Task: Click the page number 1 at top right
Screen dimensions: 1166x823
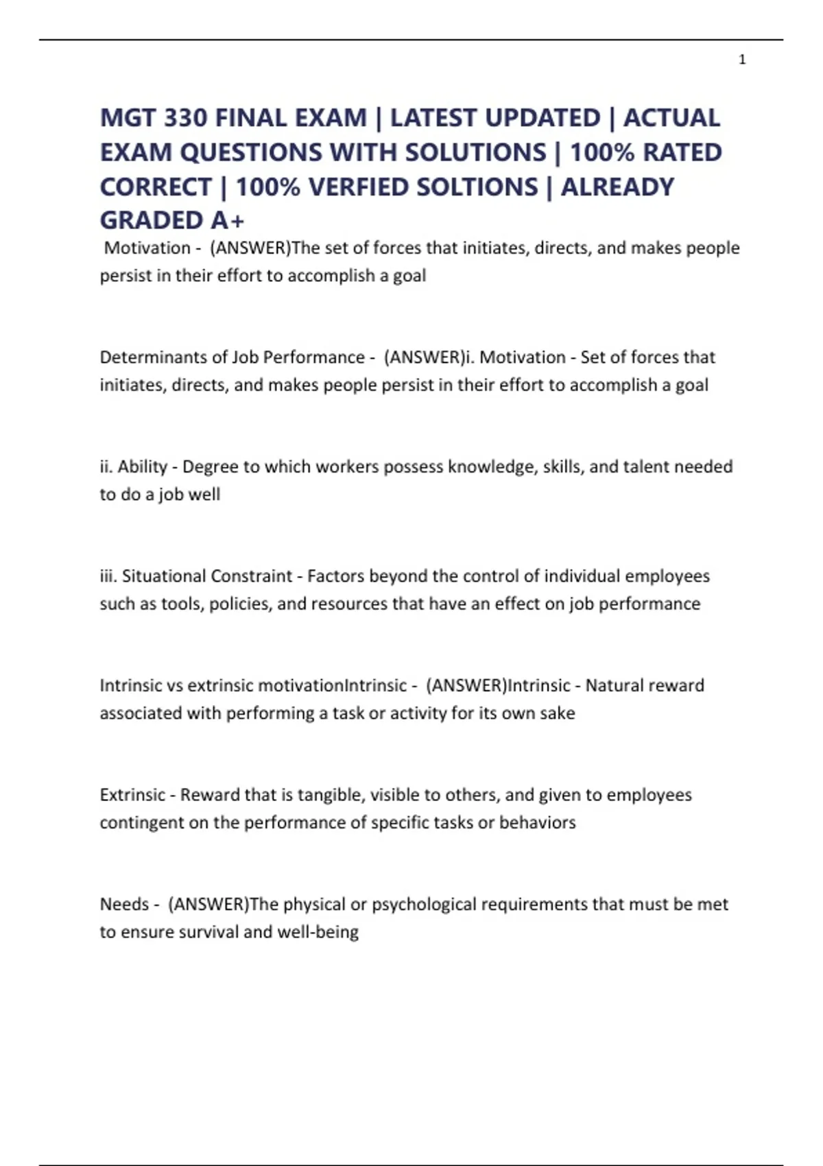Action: (x=742, y=60)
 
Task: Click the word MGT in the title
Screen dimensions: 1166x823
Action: (x=128, y=118)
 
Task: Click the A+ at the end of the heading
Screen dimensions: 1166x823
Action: (x=228, y=220)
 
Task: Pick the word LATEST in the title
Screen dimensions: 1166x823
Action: (x=433, y=118)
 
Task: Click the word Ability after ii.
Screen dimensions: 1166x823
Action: (x=143, y=467)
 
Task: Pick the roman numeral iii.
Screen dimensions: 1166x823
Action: (x=108, y=576)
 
